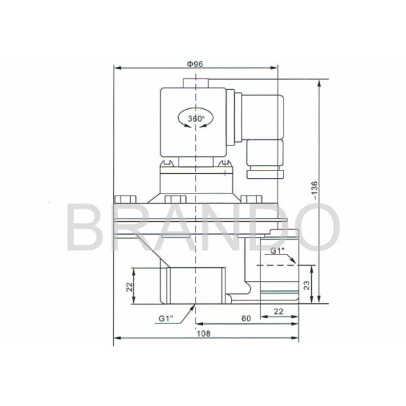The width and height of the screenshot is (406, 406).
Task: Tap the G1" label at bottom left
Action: click(x=166, y=317)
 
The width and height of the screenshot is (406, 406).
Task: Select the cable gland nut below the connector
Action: click(x=264, y=175)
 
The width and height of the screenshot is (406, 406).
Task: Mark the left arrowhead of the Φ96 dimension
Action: click(x=115, y=68)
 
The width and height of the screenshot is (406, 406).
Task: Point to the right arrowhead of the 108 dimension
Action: click(x=298, y=338)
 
